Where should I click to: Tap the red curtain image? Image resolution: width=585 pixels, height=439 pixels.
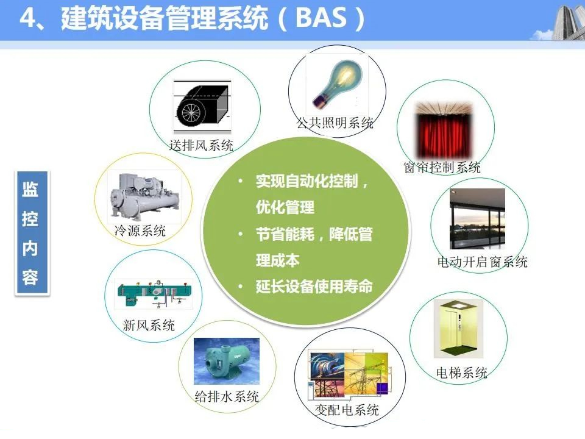444,130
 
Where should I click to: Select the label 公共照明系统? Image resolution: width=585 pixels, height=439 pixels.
335,123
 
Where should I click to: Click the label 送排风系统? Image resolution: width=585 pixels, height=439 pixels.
201,145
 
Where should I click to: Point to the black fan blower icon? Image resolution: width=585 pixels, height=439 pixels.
202,106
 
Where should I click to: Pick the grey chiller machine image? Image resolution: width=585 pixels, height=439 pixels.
144,196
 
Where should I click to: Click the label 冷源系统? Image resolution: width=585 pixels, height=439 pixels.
140,230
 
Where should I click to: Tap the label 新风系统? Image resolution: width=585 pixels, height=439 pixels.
149,325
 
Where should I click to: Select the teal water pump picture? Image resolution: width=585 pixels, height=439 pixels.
227,361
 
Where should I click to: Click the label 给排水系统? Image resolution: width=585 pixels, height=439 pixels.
227,396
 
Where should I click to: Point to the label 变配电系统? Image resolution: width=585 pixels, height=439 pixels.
347,410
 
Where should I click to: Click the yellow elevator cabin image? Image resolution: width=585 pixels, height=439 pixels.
458,329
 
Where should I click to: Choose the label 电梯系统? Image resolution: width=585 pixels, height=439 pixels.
462,373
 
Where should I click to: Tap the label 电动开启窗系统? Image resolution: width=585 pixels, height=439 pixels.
483,262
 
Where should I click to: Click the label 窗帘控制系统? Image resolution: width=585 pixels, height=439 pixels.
442,167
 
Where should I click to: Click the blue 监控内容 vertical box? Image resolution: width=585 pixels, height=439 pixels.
32,233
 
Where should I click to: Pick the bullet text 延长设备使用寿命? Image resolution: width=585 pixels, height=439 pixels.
314,287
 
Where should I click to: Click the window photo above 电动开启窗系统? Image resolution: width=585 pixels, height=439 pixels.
478,219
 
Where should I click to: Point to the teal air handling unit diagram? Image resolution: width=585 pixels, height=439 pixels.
154,294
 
